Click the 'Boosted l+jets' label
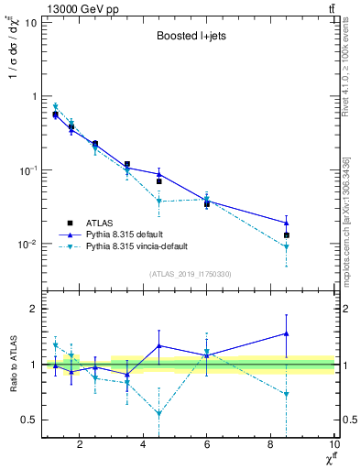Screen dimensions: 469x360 190,38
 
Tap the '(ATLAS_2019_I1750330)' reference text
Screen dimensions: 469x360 190,274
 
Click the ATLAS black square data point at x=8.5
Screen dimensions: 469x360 287,235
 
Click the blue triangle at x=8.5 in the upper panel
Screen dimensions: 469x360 287,223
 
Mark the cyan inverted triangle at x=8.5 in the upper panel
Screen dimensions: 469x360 287,246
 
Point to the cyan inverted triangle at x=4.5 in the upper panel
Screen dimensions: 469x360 159,202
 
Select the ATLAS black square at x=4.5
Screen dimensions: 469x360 159,181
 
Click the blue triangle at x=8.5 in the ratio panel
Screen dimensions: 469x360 287,333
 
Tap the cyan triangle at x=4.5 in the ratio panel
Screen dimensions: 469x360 159,414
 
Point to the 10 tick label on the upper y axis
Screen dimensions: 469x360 29,22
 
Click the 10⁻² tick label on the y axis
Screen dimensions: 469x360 27,245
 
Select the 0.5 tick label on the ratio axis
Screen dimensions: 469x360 27,420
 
